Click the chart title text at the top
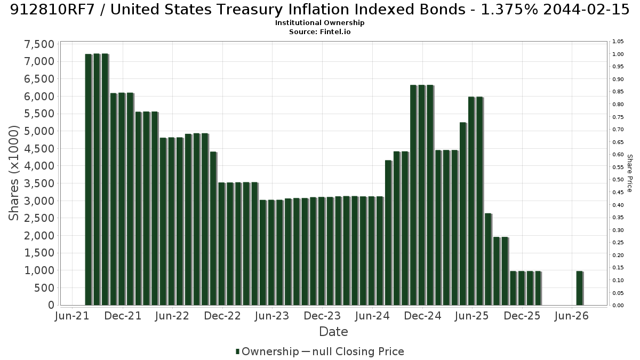[319, 10]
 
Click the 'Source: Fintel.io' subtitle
[319, 31]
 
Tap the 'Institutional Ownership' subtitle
[319, 23]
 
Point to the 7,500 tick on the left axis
[39, 44]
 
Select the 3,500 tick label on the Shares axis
[39, 183]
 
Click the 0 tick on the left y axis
[51, 305]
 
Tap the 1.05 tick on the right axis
[618, 42]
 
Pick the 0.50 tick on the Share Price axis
[618, 180]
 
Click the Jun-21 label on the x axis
[72, 316]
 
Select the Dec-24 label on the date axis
[422, 316]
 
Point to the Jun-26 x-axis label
[572, 316]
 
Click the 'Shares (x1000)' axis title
[13, 173]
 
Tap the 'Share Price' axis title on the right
[630, 173]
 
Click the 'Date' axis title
[333, 332]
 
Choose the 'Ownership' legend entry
[267, 351]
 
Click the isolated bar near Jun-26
[580, 288]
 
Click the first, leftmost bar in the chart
[89, 179]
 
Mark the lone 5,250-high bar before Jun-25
[463, 214]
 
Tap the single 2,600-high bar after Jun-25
[489, 259]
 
